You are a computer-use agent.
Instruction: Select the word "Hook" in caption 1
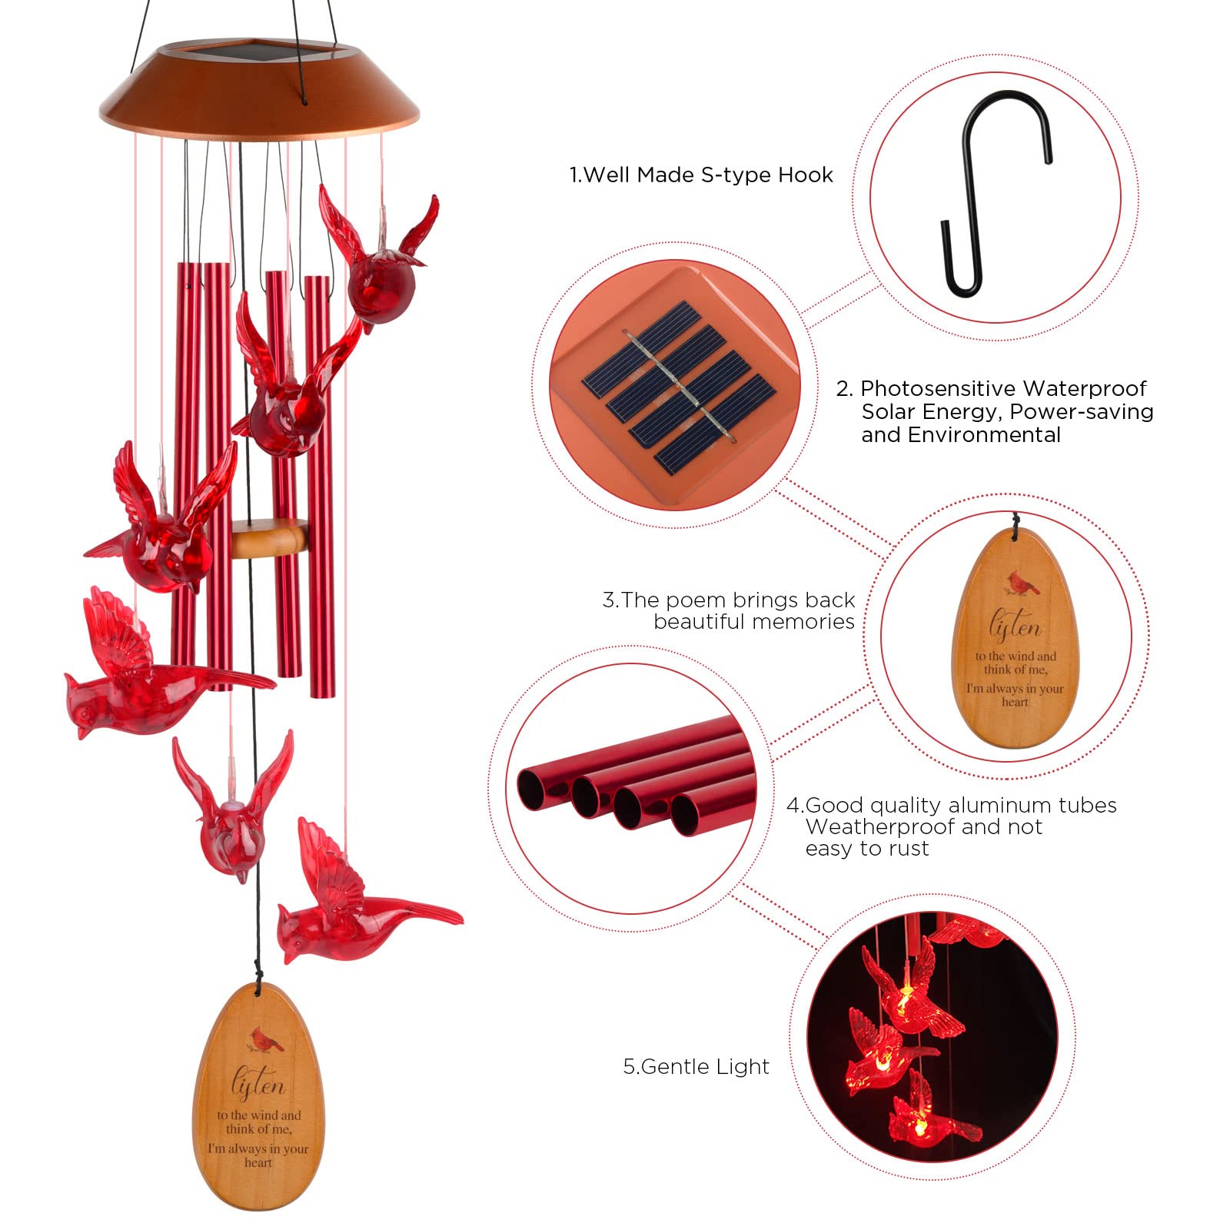pyautogui.click(x=805, y=175)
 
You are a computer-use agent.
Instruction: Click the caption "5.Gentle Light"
pyautogui.click(x=696, y=1067)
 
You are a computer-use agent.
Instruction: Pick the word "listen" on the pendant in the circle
pyautogui.click(x=1015, y=626)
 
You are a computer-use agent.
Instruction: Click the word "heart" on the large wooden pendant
pyautogui.click(x=258, y=1162)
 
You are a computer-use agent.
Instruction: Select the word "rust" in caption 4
pyautogui.click(x=910, y=849)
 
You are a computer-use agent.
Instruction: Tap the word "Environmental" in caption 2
pyautogui.click(x=960, y=435)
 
